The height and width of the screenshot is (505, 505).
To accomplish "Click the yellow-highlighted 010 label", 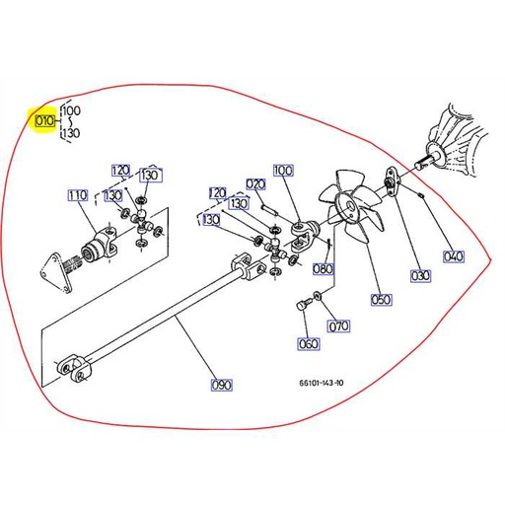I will (43, 123).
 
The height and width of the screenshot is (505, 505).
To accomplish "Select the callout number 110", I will (78, 195).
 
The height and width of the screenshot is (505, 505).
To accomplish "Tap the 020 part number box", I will (255, 184).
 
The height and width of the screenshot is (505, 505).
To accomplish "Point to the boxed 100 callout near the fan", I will (283, 172).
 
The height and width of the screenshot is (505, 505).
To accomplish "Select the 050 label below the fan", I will (381, 299).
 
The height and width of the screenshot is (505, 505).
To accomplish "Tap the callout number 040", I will (453, 257).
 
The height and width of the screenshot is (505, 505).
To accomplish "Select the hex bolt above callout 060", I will (302, 307).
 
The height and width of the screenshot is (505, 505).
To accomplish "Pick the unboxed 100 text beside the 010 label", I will (71, 110).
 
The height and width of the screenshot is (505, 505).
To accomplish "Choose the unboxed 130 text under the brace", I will (71, 133).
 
